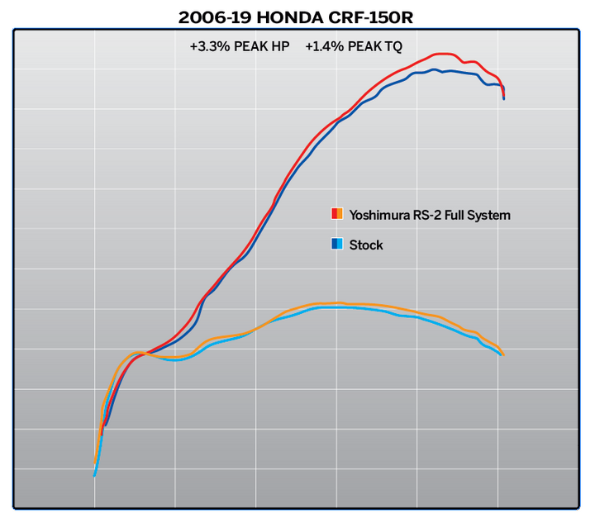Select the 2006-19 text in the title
tap(207, 17)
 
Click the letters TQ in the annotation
tap(392, 47)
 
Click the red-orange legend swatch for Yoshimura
tap(337, 214)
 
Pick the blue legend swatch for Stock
tap(337, 245)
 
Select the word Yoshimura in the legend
tap(378, 215)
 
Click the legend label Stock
tap(366, 245)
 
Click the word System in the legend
tap(491, 215)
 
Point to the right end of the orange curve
tap(502, 354)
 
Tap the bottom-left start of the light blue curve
tap(95, 475)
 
